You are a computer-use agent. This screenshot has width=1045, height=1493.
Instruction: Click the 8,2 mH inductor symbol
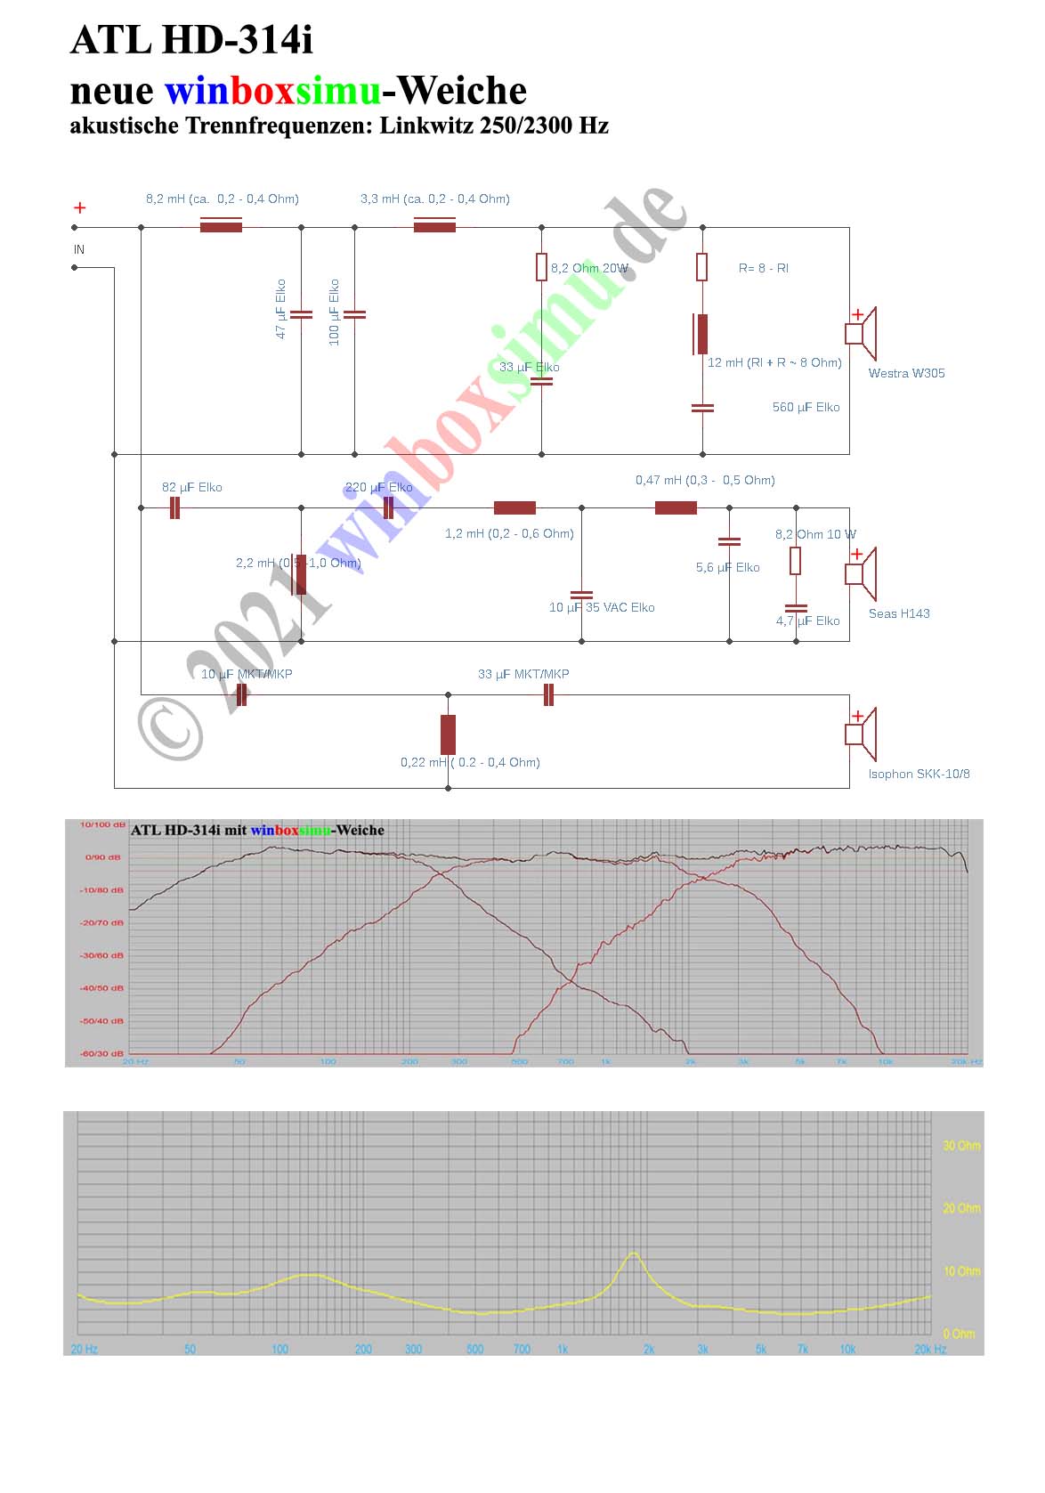221,227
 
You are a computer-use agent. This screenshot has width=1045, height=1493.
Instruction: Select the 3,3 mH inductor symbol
434,227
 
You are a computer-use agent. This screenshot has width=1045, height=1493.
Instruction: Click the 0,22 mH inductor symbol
448,734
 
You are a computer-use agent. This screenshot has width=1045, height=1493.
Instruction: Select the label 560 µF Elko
806,407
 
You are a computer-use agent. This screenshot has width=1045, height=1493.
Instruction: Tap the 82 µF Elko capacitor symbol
174,508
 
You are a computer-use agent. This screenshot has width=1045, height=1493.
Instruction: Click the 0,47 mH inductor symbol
676,508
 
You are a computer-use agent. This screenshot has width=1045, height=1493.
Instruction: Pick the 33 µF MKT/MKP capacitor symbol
548,694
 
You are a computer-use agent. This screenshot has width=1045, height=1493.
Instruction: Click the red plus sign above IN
79,207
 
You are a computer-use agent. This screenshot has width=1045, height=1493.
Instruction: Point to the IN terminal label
79,249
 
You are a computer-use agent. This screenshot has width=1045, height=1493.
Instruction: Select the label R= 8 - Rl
763,268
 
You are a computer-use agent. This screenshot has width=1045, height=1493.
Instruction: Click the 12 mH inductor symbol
702,334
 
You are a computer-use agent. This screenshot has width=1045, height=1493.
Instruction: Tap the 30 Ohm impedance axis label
961,1146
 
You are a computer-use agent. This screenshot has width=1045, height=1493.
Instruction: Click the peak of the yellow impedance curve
633,1254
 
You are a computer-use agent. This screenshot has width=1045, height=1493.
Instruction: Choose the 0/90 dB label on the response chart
102,857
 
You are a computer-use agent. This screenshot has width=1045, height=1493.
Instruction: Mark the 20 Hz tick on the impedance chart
84,1349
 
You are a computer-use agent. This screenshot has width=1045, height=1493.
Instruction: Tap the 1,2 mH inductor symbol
514,508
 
